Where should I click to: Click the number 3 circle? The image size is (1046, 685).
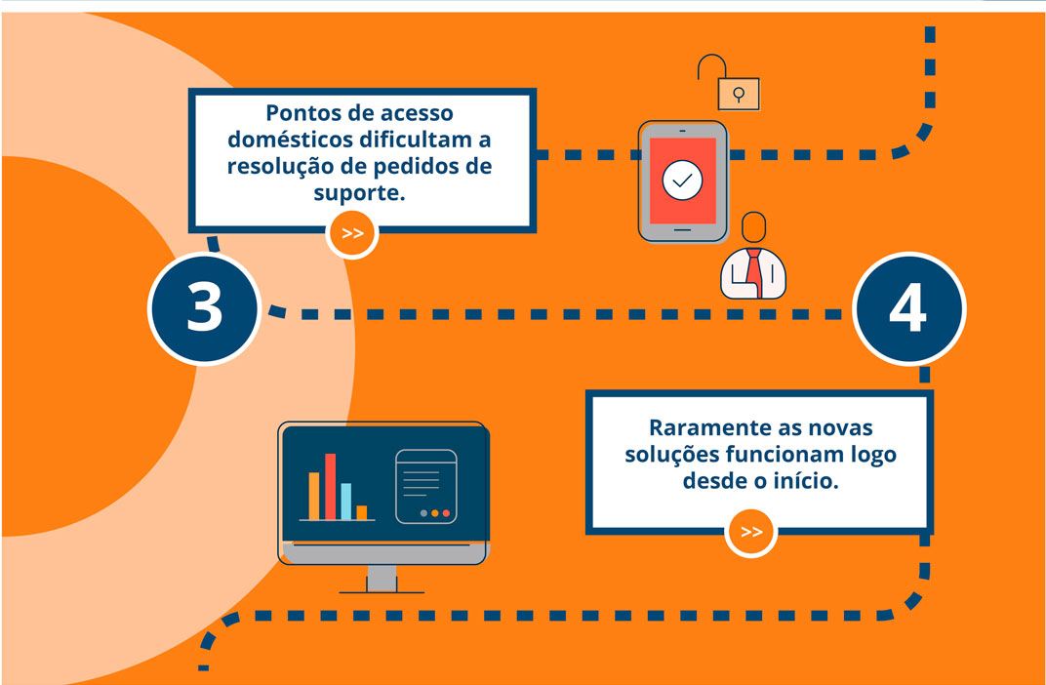[x=204, y=308]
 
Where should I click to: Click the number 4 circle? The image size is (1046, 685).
[x=908, y=308]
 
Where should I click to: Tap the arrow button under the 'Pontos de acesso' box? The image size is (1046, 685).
[x=352, y=233]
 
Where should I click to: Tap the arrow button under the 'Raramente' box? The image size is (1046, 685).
[x=751, y=532]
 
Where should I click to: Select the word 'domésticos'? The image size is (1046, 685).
[x=290, y=140]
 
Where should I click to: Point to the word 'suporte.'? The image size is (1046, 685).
[x=359, y=193]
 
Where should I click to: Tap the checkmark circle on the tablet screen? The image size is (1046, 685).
[x=682, y=181]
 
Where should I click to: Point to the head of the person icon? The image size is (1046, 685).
[x=754, y=226]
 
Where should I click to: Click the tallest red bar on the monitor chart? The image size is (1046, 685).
[x=330, y=486]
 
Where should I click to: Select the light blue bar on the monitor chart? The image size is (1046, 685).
[x=345, y=502]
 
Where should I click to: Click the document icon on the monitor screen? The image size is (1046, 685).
[x=426, y=486]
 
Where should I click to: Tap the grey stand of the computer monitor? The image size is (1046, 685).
[x=382, y=579]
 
